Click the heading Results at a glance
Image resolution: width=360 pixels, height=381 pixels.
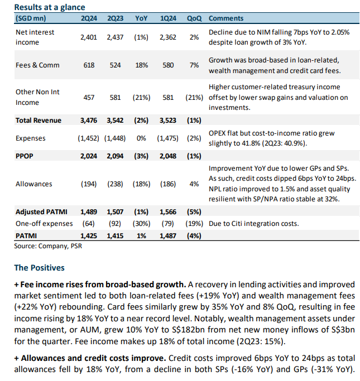click(x=50, y=7)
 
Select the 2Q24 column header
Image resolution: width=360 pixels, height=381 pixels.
click(x=89, y=18)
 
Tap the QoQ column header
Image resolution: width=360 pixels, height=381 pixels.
click(x=194, y=18)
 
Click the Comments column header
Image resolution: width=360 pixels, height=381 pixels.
click(x=226, y=18)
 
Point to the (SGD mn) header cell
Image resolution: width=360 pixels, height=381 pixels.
click(x=31, y=18)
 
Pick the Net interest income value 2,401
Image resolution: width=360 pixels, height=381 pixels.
click(x=89, y=37)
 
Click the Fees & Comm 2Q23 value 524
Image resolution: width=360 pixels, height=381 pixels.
click(x=115, y=65)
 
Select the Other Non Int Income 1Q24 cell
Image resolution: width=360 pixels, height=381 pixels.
click(x=168, y=98)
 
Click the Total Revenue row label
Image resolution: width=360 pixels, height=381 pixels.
click(x=39, y=120)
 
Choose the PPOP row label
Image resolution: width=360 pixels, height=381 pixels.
click(x=25, y=156)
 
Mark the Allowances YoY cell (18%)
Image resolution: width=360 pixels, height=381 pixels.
click(x=141, y=184)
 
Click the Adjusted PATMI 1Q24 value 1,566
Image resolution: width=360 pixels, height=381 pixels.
click(x=168, y=212)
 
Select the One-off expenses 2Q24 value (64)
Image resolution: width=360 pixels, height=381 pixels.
click(x=89, y=223)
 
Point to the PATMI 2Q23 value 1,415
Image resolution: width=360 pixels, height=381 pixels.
click(x=115, y=236)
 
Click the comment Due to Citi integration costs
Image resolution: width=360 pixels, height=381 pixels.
click(x=253, y=223)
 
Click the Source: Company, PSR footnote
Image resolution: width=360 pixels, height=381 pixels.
click(x=48, y=246)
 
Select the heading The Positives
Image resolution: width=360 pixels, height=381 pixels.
click(x=40, y=268)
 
